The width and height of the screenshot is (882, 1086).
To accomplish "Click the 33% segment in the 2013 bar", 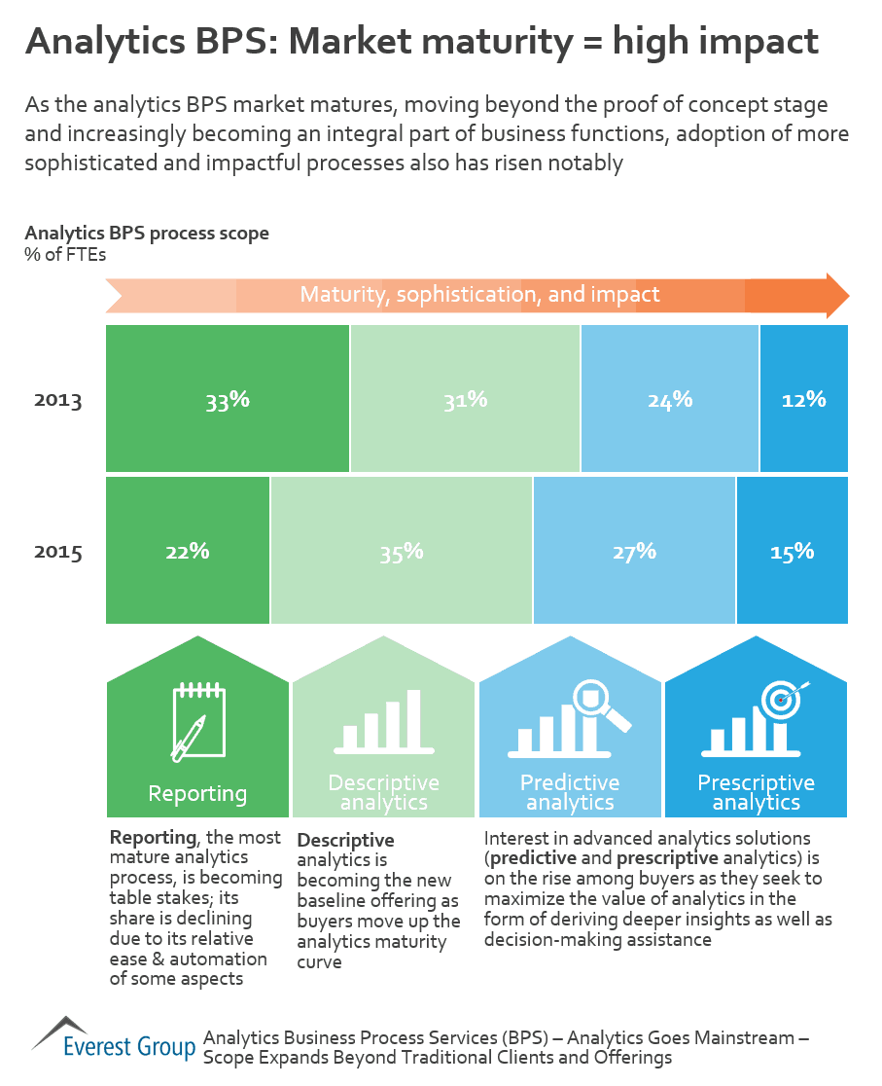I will (227, 399).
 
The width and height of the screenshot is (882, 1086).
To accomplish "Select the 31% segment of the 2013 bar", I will (465, 399).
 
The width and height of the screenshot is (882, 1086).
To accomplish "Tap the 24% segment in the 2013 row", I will (670, 399).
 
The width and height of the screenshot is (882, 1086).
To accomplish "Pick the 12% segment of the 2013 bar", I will (803, 399).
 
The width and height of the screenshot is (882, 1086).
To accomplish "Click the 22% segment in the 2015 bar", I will (188, 551).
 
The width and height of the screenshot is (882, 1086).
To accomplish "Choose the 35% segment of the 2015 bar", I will (402, 551).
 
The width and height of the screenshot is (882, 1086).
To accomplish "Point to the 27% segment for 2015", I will (634, 551).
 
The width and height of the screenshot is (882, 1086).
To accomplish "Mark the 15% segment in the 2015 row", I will (792, 551).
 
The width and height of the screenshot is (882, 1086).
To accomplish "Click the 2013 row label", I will (58, 401).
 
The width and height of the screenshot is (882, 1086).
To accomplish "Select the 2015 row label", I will (58, 553).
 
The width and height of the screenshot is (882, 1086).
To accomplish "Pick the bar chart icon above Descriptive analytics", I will (383, 723).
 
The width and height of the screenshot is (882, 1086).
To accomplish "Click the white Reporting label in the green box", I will (197, 793).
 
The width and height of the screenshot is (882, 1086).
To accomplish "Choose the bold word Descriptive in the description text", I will (345, 840).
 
